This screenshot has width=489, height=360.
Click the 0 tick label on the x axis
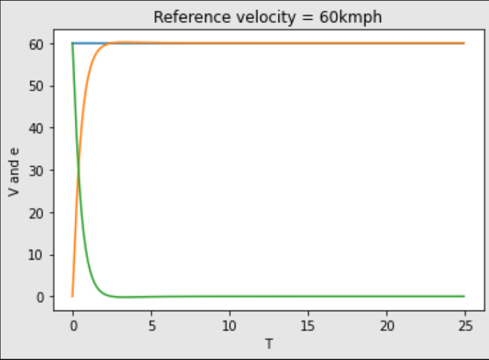point(73,325)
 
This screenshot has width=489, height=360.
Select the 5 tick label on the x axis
point(151,325)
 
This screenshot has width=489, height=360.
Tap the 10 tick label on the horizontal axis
point(230,325)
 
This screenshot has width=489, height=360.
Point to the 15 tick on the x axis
point(308,325)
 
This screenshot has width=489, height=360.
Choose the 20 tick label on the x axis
point(387,325)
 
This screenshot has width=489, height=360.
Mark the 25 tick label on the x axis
point(465,325)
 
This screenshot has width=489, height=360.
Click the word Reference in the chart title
point(182,17)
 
